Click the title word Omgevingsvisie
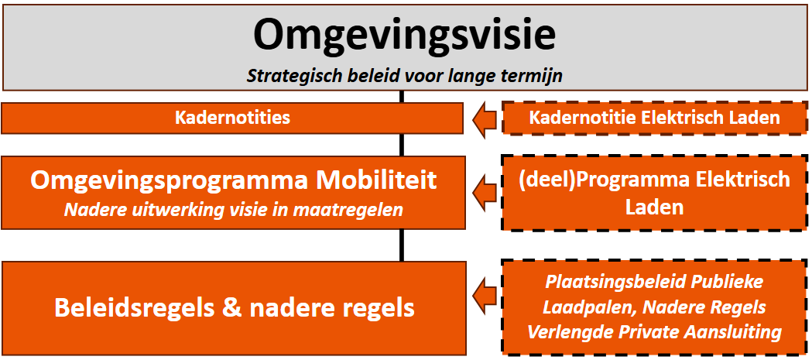pos(404,36)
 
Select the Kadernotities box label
pos(233,118)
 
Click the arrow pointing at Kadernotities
pos(482,118)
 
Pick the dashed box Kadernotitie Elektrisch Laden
pos(653,118)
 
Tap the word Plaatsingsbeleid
pos(610,281)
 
